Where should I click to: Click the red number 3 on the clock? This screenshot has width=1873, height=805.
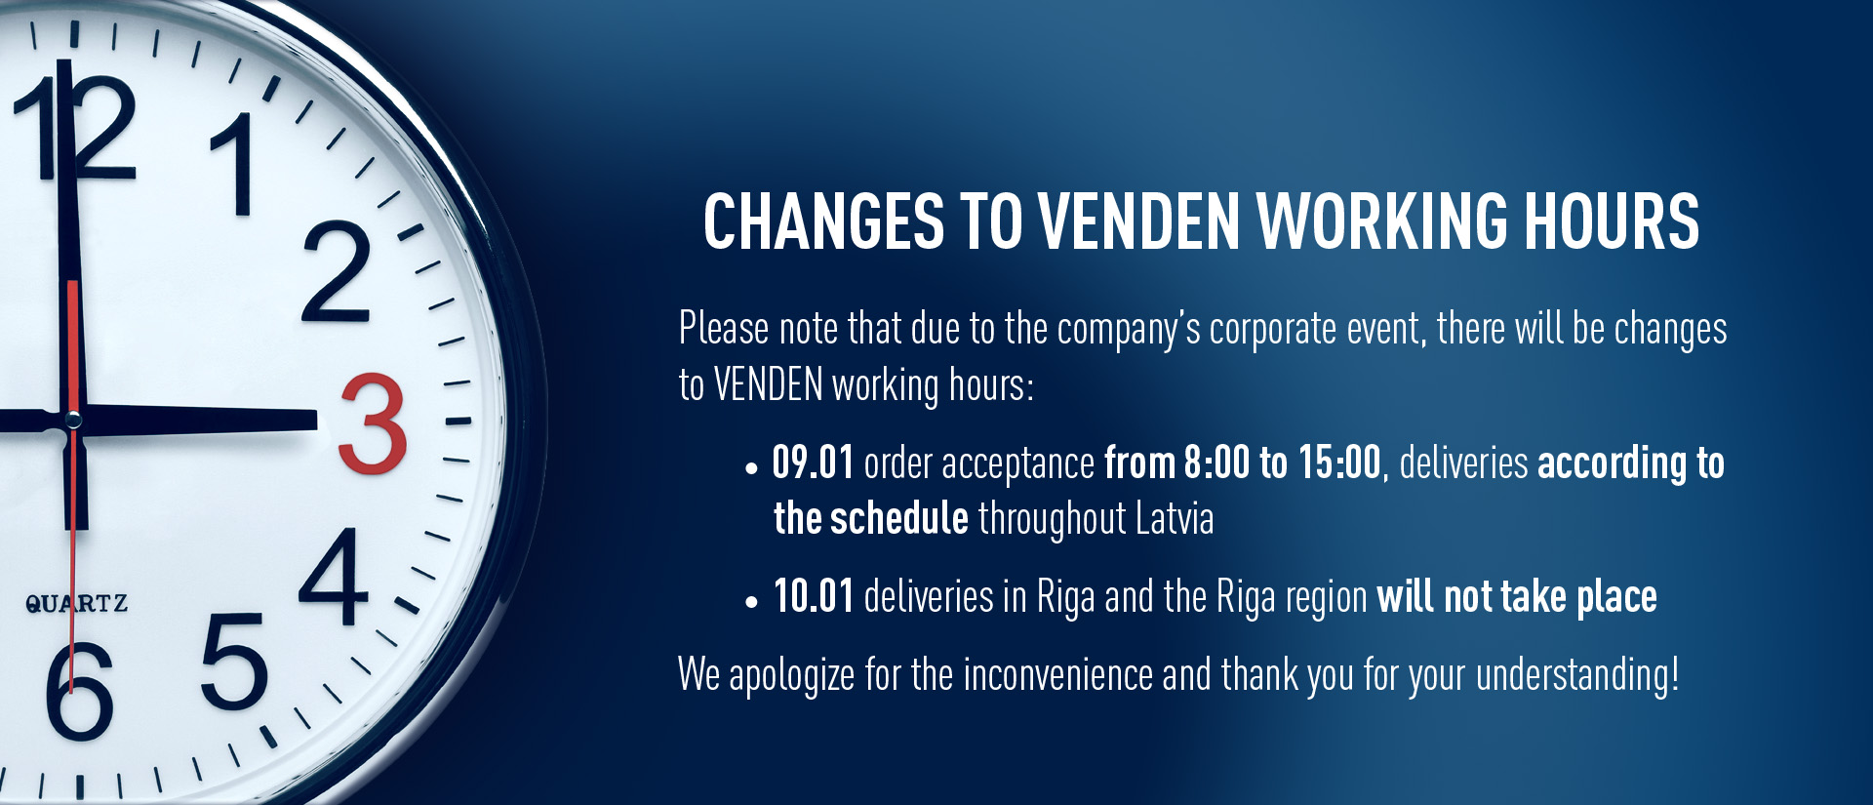click(373, 423)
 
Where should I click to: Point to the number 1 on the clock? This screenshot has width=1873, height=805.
click(232, 163)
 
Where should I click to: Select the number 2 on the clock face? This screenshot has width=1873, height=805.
click(337, 272)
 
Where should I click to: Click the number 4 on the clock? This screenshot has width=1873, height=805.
click(334, 576)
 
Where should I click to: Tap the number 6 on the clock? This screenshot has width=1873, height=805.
click(80, 690)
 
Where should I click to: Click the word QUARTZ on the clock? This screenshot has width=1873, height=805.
click(76, 603)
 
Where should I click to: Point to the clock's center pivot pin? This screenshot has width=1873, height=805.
click(73, 421)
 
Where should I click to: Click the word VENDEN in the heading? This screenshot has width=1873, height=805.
click(1138, 221)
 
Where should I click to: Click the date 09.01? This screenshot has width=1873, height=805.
click(813, 463)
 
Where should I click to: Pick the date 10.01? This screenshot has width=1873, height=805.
click(814, 596)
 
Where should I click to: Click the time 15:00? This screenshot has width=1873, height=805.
click(1339, 463)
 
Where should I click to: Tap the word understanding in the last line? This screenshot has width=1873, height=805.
click(1573, 676)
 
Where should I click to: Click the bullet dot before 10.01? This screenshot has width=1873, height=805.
click(750, 603)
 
